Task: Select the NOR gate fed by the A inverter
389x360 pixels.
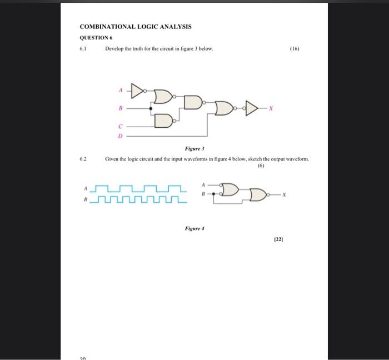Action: point(163,97)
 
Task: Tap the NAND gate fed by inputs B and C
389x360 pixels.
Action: point(163,120)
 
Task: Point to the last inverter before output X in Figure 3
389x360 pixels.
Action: point(252,108)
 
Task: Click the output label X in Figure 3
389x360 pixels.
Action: point(271,109)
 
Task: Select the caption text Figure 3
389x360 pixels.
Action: point(194,149)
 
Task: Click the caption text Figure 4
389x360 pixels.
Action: point(194,228)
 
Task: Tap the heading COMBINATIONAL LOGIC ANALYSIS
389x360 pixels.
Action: point(136,27)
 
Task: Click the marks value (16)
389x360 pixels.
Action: point(295,49)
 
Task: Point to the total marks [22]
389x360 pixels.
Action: point(278,240)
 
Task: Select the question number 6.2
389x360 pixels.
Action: point(83,159)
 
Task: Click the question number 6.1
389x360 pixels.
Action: point(83,49)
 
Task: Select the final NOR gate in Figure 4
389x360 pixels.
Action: point(259,195)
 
